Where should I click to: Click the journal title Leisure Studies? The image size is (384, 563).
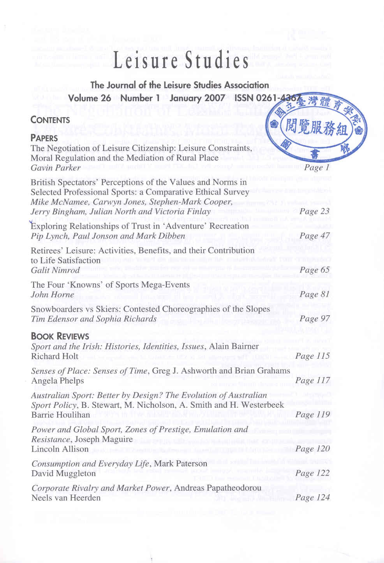[x=181, y=62]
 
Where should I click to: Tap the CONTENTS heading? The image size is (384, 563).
[x=50, y=120]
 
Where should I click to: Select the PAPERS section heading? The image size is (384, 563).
[x=44, y=138]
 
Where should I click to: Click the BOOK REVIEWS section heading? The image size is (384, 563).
[x=60, y=336]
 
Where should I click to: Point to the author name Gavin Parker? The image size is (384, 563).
[x=55, y=168]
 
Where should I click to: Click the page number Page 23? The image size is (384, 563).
[x=315, y=211]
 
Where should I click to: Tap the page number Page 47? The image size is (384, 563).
[x=315, y=236]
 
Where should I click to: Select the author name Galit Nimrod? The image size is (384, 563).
[x=55, y=270]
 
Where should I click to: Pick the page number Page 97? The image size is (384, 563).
[x=315, y=319]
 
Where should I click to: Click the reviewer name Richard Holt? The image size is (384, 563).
[x=55, y=356]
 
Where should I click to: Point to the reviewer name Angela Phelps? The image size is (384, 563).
[x=58, y=381]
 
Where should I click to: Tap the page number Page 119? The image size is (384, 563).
[x=312, y=415]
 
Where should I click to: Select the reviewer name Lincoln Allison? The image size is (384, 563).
[x=60, y=449]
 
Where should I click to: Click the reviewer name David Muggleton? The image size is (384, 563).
[x=63, y=473]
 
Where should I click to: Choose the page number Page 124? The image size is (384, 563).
[x=312, y=498]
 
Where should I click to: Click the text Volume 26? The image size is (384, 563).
[x=90, y=98]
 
